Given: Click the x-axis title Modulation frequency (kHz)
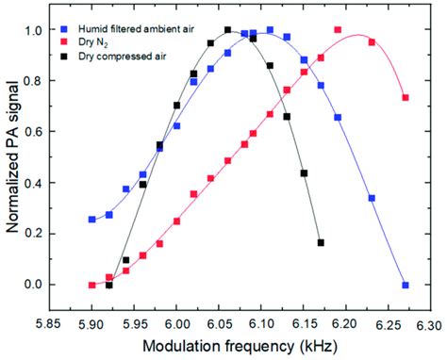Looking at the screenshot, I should pos(240,345).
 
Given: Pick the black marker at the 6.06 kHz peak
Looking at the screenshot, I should pos(227,30).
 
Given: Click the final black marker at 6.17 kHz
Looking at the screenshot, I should pos(321,243).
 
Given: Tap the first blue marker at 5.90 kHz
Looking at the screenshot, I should pos(92,220).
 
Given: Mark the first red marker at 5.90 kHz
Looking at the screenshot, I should pos(92,285).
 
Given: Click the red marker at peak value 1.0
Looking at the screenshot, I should pos(338,30).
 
